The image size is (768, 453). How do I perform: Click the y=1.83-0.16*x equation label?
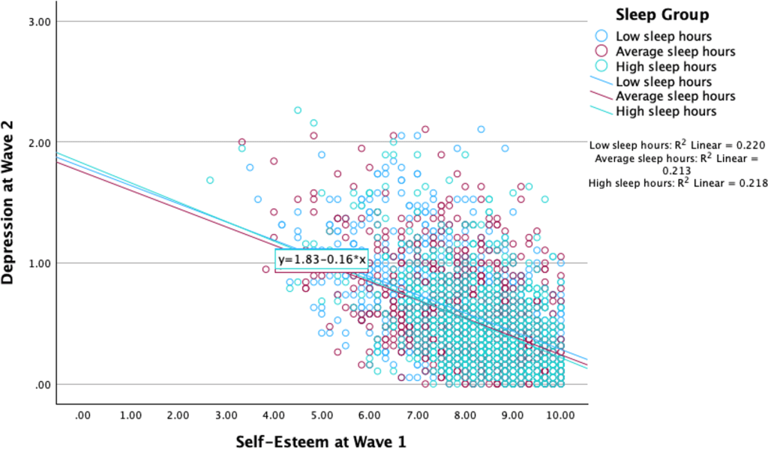tap(322, 259)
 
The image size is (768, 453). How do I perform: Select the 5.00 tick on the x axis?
tap(322, 414)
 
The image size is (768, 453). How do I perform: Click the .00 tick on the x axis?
tap(84, 414)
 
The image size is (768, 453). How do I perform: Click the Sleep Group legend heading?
tap(662, 15)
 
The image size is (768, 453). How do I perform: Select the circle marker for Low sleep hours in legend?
tap(600, 36)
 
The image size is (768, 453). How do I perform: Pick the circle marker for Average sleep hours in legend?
tap(600, 52)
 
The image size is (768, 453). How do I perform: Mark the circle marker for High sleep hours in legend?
tap(600, 67)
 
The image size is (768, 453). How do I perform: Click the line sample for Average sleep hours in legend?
tap(600, 97)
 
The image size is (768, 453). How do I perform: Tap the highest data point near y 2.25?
tap(298, 110)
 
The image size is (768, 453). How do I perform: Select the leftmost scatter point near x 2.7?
tap(210, 180)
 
